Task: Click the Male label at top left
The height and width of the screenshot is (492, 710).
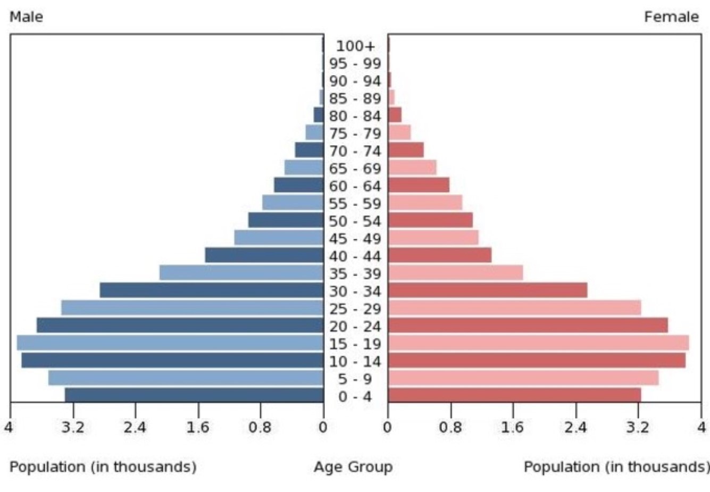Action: (26, 17)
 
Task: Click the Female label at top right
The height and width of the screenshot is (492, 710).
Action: (671, 17)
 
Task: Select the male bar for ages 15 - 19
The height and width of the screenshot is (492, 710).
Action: (170, 343)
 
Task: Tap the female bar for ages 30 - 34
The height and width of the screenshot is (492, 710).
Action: (487, 290)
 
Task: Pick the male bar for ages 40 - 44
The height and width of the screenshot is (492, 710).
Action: (264, 255)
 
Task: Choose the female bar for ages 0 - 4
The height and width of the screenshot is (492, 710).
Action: (514, 395)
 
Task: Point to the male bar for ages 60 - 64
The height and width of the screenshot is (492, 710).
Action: (299, 185)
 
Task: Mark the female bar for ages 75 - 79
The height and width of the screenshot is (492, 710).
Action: (399, 132)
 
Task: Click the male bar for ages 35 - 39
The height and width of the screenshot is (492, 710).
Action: (241, 273)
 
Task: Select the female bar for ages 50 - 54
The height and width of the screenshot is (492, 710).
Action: (430, 220)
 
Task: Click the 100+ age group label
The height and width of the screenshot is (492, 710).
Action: (355, 46)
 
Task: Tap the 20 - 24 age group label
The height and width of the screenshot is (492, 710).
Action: (355, 326)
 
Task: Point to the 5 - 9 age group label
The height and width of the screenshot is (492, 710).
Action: (355, 379)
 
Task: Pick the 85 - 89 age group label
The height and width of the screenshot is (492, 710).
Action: (355, 98)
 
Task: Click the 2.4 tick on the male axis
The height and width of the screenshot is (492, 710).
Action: (135, 427)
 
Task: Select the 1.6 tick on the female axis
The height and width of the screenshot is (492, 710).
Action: (513, 427)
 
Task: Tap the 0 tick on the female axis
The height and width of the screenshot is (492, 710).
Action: (388, 427)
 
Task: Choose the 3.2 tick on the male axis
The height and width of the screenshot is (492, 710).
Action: (73, 427)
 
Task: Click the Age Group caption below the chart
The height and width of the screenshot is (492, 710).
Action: (353, 467)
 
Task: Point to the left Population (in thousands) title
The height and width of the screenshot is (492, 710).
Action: (103, 467)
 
